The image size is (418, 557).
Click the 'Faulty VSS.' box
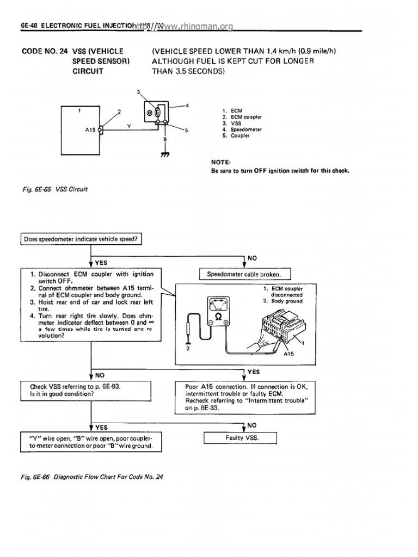[241, 438]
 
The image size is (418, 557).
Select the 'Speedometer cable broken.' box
[246, 274]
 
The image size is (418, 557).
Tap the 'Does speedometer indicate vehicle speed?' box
[82, 239]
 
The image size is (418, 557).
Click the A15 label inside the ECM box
[90, 131]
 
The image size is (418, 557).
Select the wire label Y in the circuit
[128, 126]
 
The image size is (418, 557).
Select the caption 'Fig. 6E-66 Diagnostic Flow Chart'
[92, 476]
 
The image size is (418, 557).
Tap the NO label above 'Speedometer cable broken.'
[251, 258]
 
